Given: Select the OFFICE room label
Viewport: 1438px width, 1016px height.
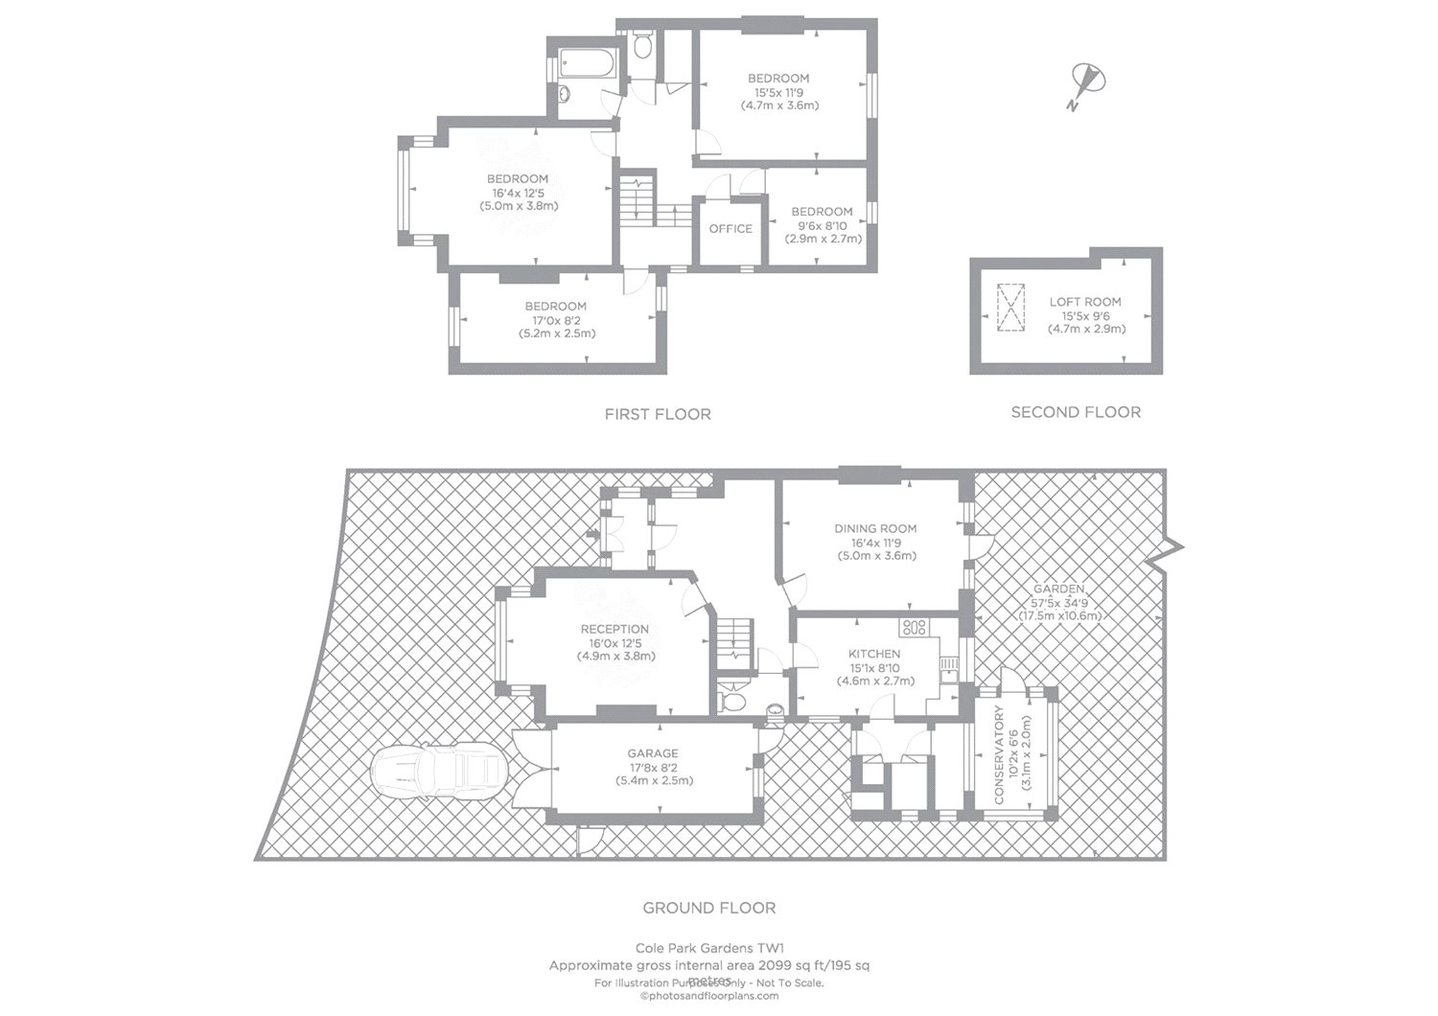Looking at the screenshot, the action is [x=731, y=228].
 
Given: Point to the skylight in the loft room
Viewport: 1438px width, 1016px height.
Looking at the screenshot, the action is [x=1009, y=308].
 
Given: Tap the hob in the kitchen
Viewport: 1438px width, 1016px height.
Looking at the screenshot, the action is [x=913, y=628].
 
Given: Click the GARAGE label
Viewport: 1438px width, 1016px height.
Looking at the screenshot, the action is [x=653, y=753].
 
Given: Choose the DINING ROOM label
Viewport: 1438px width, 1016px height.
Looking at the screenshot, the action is [x=875, y=528].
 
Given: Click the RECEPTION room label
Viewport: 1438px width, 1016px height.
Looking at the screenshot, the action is [x=615, y=629].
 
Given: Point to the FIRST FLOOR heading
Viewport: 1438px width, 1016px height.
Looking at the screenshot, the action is [x=658, y=414].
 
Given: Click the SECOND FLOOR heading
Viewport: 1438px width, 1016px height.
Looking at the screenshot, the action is [x=1076, y=412].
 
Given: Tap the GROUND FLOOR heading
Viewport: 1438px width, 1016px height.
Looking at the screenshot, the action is [x=708, y=908].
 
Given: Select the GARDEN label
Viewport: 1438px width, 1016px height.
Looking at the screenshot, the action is [x=1059, y=589].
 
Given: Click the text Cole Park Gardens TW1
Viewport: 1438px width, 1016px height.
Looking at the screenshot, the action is [x=708, y=948].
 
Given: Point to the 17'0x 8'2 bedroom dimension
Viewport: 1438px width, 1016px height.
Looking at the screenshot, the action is [x=556, y=320].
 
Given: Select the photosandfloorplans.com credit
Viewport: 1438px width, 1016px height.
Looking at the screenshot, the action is [x=709, y=996].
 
